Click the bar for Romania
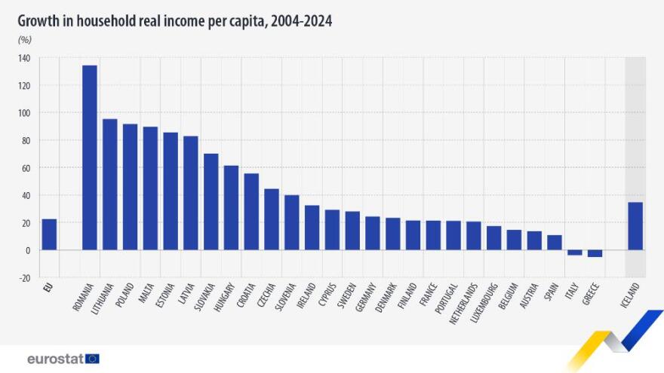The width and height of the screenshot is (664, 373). [89, 157]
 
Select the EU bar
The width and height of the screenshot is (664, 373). [49, 234]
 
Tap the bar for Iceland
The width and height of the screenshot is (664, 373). [635, 226]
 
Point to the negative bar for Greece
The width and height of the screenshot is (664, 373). [595, 253]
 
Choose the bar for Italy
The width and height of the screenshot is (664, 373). [574, 252]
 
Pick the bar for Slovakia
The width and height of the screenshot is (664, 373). [211, 202]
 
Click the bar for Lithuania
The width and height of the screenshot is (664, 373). [109, 185]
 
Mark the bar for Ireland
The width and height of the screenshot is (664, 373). [312, 228]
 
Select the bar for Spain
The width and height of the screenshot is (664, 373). [554, 243]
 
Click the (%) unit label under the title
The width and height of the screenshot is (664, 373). [24, 39]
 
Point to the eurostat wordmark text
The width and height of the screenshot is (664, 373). [54, 359]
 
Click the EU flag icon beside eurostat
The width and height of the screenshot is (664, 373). [92, 359]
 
